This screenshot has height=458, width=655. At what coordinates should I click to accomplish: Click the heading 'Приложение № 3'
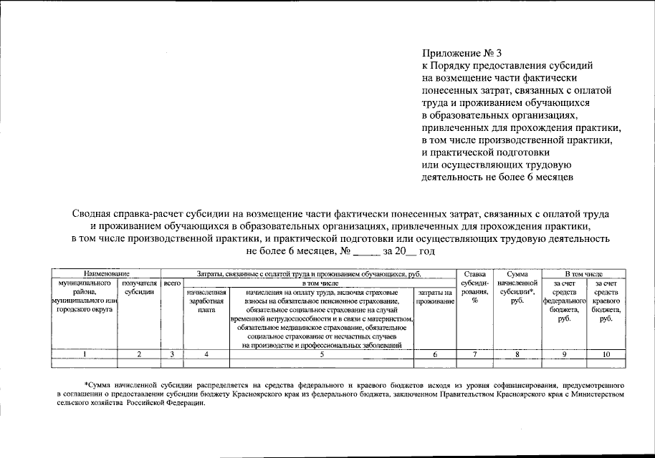tap(462, 52)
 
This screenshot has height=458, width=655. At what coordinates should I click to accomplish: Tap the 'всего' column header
tap(172, 283)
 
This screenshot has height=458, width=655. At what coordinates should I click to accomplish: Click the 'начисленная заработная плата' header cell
tap(206, 301)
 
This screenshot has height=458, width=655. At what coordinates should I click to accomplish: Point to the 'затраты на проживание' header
tap(436, 297)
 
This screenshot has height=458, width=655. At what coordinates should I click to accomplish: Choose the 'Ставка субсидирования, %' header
tap(474, 287)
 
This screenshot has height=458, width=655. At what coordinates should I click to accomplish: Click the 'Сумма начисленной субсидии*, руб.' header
tap(516, 287)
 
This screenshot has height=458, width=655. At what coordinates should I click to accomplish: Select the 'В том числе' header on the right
tap(583, 273)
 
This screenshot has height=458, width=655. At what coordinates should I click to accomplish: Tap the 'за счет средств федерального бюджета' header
tap(564, 301)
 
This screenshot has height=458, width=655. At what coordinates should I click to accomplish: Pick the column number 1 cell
tap(84, 354)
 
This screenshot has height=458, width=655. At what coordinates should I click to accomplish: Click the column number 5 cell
tap(321, 354)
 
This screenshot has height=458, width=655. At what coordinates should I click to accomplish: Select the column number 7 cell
tap(474, 354)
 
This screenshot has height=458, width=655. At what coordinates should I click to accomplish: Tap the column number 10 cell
tap(606, 354)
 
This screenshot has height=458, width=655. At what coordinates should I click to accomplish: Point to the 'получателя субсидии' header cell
tap(139, 288)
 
